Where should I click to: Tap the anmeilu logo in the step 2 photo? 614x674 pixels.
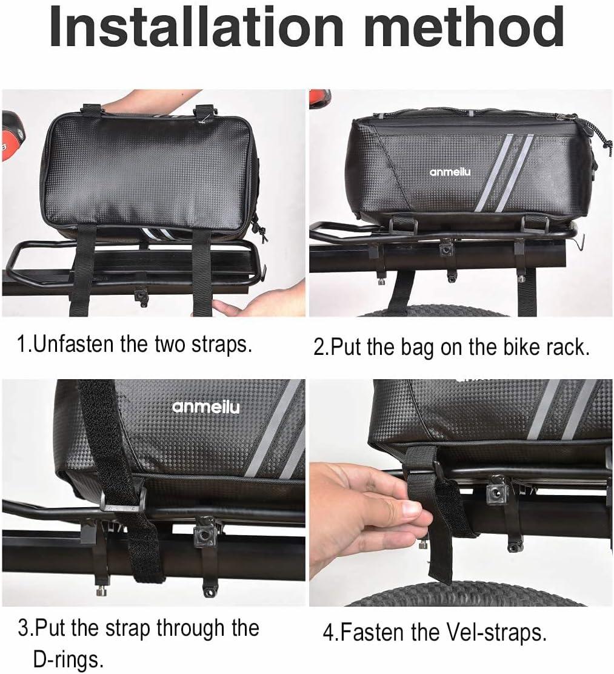pos(450,172)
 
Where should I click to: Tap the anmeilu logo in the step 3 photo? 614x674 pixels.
pos(205,406)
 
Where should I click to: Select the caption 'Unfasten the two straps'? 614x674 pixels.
pos(135,344)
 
